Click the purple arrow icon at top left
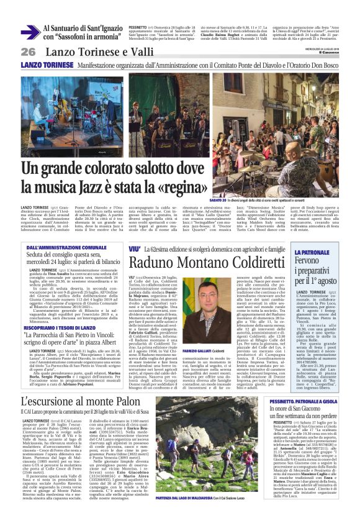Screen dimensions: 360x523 pos(29,32)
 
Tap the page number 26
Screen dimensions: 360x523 pos(29,52)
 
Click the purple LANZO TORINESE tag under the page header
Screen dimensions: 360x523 pos(47,65)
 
